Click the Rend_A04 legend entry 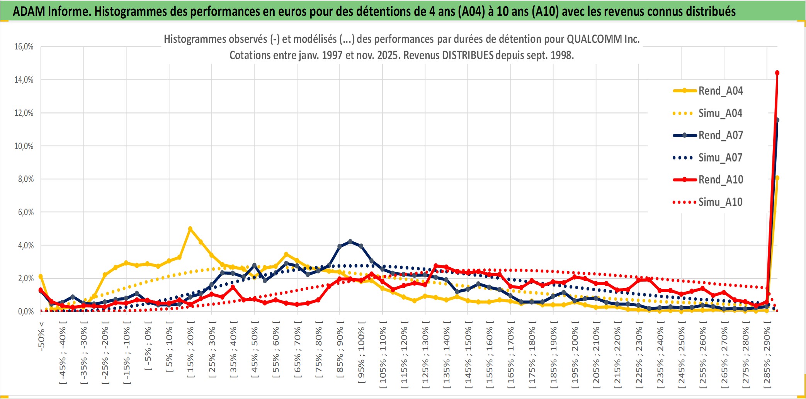(720, 91)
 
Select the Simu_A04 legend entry (720, 113)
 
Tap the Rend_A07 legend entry (720, 135)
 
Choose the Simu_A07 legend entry (720, 158)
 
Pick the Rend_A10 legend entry (720, 180)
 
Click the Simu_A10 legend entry (720, 202)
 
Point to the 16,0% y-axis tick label (24, 47)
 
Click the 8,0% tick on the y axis (26, 179)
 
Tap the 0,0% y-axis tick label (26, 311)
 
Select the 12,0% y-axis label (24, 113)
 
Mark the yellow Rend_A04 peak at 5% (190, 229)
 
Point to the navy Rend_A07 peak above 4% (350, 241)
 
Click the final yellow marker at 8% (777, 178)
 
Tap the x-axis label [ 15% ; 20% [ (190, 352)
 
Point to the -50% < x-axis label (41, 335)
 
